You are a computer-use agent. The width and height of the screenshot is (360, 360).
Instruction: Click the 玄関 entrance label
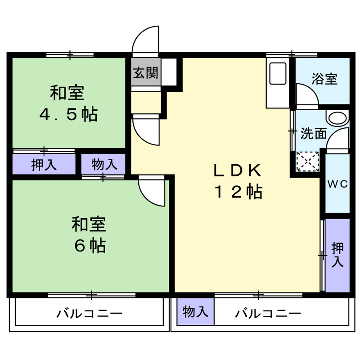tap(145, 72)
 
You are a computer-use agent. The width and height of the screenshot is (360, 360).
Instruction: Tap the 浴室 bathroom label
tap(324, 79)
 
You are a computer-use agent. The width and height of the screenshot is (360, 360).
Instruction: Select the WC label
tap(337, 184)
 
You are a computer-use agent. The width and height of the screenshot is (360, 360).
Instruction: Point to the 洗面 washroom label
tap(314, 133)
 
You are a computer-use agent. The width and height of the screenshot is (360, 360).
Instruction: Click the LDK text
tap(238, 171)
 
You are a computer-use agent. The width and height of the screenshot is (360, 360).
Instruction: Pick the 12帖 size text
tap(238, 192)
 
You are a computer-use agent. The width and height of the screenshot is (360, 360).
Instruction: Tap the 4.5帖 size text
tap(68, 114)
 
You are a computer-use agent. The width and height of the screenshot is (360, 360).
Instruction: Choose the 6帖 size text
tap(90, 246)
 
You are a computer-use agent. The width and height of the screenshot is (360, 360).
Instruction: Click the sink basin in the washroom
tap(337, 118)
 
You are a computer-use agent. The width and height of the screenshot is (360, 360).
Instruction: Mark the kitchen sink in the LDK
tap(278, 73)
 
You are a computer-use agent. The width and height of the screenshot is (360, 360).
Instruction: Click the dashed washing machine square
tap(308, 162)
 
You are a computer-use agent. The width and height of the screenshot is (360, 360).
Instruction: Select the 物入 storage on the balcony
tap(195, 311)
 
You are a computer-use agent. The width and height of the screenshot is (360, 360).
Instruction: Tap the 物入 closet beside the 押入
tap(104, 164)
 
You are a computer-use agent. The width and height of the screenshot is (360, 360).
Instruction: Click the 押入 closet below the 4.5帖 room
tap(44, 164)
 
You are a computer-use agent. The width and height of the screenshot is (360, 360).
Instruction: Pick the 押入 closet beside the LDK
tap(337, 255)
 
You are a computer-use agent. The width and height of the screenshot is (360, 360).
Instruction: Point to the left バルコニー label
tap(89, 314)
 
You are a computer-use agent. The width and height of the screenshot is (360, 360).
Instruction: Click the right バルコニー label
tap(268, 314)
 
